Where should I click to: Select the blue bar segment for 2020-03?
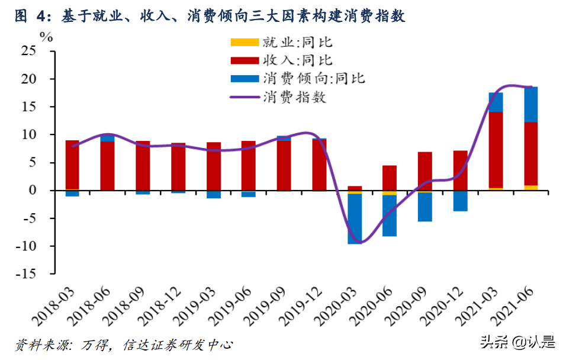click(x=355, y=218)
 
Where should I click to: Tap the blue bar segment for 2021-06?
click(x=531, y=104)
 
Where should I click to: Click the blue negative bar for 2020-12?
click(x=461, y=201)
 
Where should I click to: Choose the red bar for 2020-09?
click(x=425, y=171)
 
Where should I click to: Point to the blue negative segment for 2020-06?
click(x=390, y=216)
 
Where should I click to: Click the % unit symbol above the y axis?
click(x=46, y=36)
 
